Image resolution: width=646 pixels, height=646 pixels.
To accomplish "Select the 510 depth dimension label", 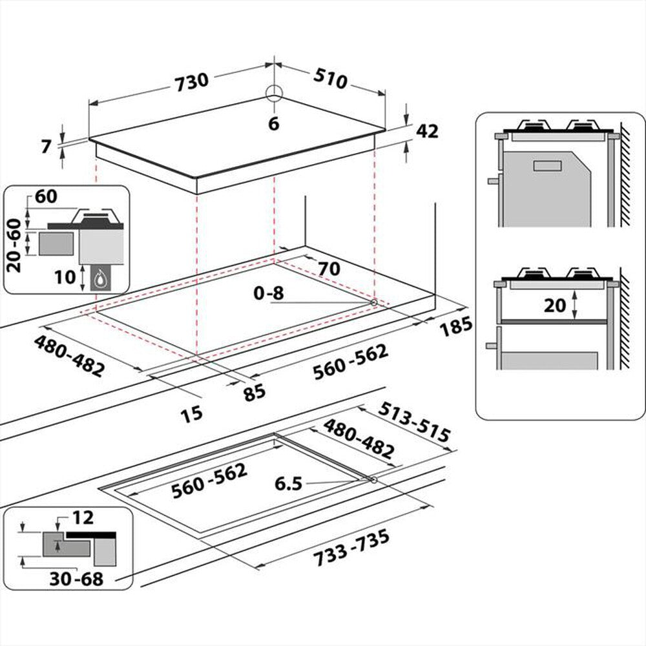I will point(330,80).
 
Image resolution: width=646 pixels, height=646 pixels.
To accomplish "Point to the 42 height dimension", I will point(427,131).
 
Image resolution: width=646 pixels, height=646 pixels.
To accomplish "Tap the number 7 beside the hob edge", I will point(45,147).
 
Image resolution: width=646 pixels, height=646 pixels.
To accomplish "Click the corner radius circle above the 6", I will point(274,93).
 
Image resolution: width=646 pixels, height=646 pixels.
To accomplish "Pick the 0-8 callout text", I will point(269,293).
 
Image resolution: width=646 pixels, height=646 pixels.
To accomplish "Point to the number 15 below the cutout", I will point(191,412).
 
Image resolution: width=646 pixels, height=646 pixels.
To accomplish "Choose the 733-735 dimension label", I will point(351,548).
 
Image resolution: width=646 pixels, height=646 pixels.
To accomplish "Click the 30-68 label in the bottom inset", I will point(76,578).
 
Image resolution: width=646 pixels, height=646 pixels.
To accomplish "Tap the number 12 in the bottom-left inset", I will point(83,517).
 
